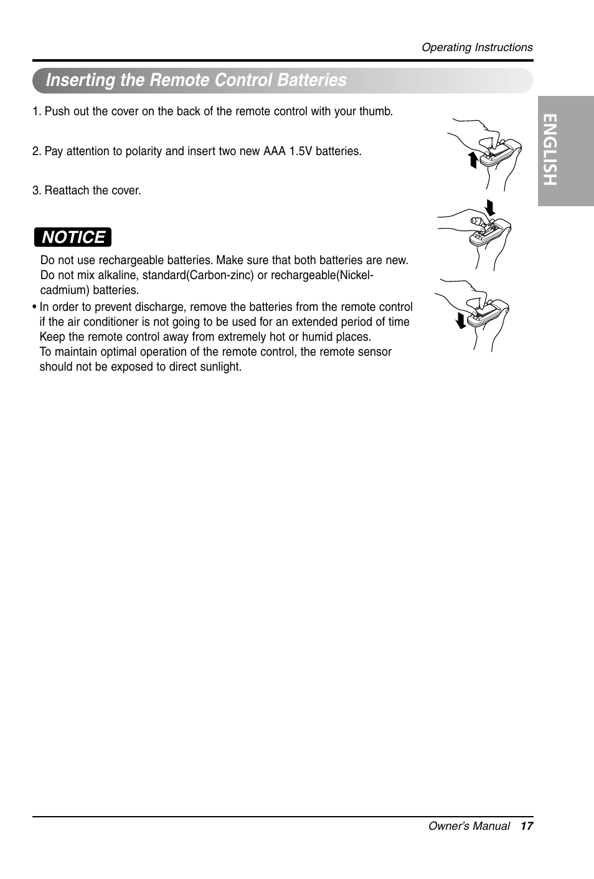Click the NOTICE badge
[x=73, y=237]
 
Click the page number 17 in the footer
[x=527, y=826]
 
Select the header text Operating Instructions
[x=477, y=47]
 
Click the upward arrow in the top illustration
[x=473, y=160]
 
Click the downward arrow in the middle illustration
[x=489, y=206]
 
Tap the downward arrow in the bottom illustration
[x=460, y=320]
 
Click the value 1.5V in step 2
[x=301, y=151]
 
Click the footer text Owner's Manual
[x=469, y=826]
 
